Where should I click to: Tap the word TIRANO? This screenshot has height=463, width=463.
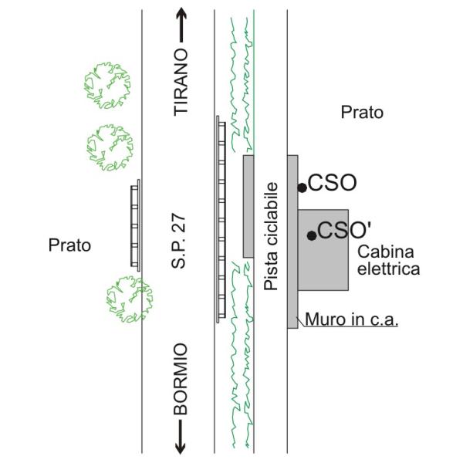click(181, 83)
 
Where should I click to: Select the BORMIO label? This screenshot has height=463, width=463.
click(181, 379)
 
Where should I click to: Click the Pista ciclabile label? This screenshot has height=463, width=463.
click(271, 236)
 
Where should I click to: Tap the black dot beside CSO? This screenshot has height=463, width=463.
click(302, 188)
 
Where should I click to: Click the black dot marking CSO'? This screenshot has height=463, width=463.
click(312, 235)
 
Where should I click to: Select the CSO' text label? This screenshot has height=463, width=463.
click(344, 230)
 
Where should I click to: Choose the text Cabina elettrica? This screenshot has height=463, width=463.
click(389, 261)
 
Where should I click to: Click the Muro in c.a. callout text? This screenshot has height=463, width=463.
click(351, 319)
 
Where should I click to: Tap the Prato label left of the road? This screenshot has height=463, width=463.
click(69, 245)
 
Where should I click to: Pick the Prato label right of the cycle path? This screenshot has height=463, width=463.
click(362, 113)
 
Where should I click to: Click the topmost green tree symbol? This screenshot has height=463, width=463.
click(107, 86)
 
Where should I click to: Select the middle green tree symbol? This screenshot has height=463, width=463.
click(110, 147)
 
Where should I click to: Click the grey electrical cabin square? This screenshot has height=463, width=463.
click(323, 250)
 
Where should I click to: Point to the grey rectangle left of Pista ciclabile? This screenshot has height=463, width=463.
click(248, 206)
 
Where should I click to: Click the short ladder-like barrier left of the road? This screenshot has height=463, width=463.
click(136, 225)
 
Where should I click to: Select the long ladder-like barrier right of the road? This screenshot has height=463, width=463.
click(221, 219)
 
